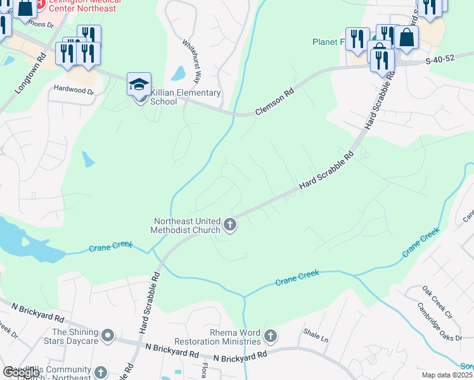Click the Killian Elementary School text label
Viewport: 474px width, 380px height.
coord(187,97)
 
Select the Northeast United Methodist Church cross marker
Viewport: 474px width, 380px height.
coord(230,225)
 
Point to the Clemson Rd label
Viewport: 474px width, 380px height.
coord(275,102)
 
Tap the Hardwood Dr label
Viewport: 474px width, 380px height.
coord(74,91)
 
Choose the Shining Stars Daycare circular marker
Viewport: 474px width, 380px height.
coord(107,334)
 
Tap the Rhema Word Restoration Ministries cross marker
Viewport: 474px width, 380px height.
coord(271,335)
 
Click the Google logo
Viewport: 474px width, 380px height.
coord(21,372)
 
